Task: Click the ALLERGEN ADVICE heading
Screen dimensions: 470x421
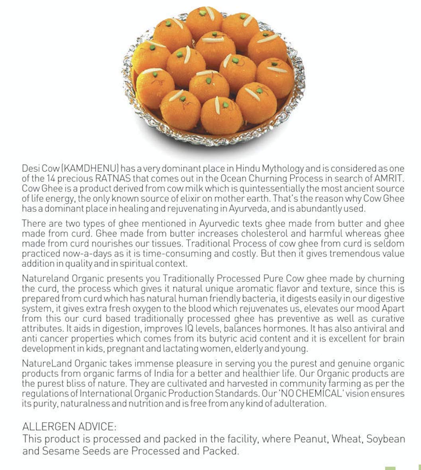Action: coord(69,427)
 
